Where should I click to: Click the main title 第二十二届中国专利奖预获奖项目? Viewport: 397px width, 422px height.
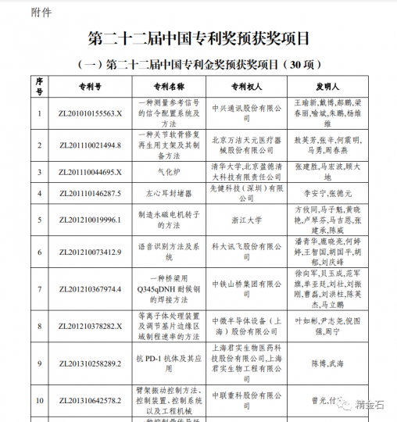(x=198, y=38)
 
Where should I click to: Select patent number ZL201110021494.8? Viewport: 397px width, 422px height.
(x=91, y=145)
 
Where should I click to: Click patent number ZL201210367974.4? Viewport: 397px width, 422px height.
(x=91, y=289)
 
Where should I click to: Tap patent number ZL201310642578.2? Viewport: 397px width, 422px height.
(x=91, y=402)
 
